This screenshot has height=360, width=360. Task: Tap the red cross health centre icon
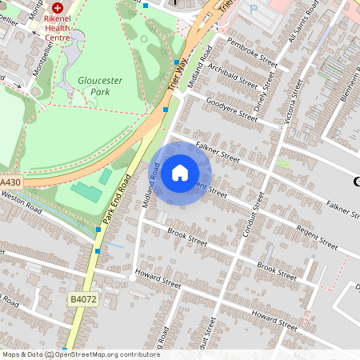coord(58,6)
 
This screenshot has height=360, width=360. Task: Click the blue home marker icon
coord(180,173)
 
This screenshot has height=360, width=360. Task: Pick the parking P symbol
coord(254,10)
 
